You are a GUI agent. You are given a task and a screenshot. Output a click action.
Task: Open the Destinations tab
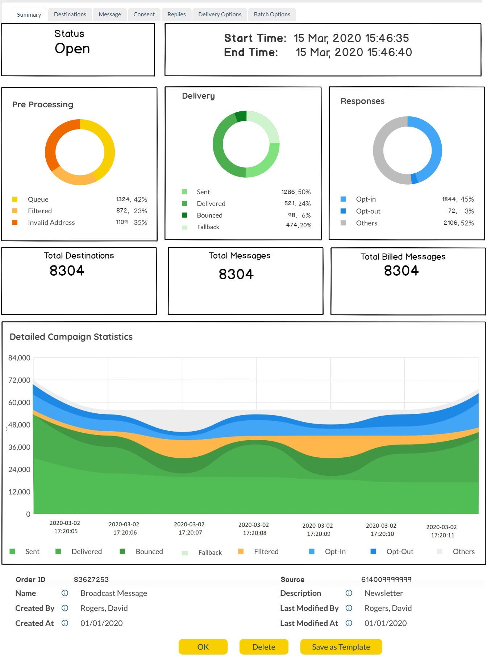[x=70, y=15]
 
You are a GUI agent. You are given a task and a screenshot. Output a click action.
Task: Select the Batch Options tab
[x=272, y=15]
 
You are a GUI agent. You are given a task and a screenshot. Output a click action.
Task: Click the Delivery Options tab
[x=220, y=15]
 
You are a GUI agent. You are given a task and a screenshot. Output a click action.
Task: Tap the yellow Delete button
[x=264, y=647]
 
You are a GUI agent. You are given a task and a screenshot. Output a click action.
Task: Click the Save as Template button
[x=341, y=647]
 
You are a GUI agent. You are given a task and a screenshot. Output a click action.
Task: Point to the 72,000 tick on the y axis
[x=19, y=380]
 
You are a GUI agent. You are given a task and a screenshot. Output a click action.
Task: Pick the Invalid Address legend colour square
[x=15, y=222]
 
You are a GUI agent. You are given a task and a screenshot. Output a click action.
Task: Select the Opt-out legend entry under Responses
[x=368, y=211]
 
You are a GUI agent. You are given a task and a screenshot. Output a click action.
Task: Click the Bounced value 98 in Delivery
[x=292, y=215]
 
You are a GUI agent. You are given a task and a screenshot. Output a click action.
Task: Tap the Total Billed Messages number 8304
[x=401, y=271]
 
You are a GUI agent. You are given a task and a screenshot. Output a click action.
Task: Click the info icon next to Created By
[x=65, y=608]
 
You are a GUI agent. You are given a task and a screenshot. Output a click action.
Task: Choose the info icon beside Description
[x=349, y=593]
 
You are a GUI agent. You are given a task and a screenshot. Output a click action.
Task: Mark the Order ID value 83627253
[x=91, y=580]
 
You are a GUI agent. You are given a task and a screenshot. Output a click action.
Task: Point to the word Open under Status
[x=72, y=49]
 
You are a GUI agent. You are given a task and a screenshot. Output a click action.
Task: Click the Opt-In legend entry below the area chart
[x=335, y=552]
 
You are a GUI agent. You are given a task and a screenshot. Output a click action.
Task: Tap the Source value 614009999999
[x=386, y=580]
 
